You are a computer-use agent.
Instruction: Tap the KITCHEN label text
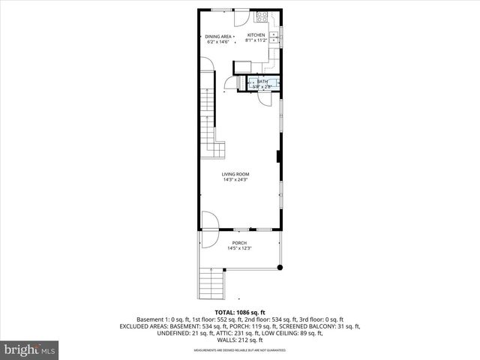(256, 36)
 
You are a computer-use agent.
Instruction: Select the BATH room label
(262, 82)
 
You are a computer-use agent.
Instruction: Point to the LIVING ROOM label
(235, 175)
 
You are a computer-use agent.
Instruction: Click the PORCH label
(239, 243)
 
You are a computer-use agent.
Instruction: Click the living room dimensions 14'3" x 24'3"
(235, 180)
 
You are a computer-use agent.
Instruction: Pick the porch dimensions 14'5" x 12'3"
(239, 248)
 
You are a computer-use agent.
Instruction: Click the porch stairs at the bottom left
(213, 285)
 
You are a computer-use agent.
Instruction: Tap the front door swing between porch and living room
(209, 220)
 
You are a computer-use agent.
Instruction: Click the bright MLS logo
(30, 349)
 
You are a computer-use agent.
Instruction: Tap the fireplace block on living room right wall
(279, 157)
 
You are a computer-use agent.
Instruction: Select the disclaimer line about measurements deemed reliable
(240, 350)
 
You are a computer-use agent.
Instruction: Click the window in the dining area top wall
(220, 9)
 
